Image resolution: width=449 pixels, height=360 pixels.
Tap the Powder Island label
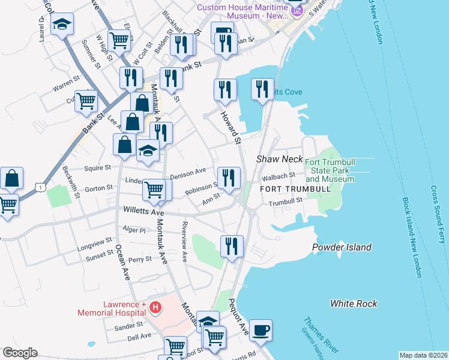342,247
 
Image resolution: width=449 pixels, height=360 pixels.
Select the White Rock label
354,304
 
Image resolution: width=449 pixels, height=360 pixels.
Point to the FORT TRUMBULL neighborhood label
295,189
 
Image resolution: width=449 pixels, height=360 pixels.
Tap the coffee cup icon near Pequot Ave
261,331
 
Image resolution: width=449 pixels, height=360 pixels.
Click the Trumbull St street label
283,203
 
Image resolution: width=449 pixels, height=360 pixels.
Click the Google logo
20,353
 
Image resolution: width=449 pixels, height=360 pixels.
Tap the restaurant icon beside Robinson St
229,178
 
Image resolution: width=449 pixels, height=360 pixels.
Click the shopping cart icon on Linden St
154,190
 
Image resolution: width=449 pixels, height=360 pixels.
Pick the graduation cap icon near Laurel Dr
62,25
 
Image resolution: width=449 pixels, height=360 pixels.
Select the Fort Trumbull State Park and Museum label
329,171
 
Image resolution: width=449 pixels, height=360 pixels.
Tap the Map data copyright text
423,355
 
